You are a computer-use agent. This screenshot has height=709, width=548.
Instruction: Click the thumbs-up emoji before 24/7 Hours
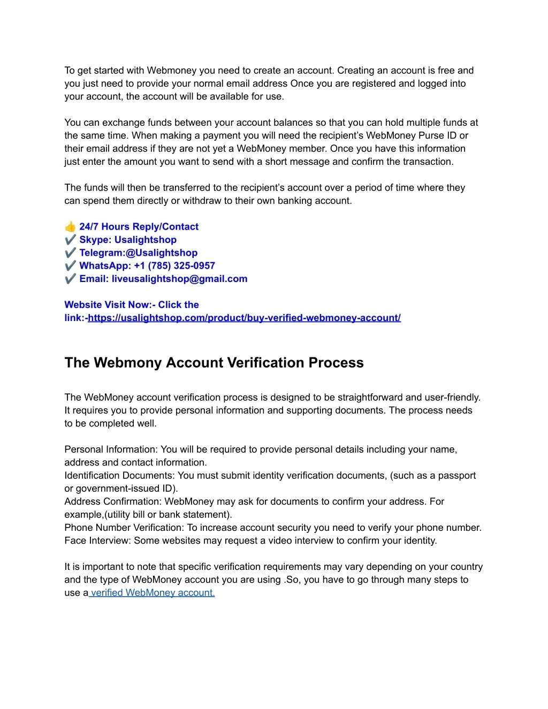(x=70, y=226)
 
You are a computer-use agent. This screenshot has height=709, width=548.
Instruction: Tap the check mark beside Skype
(x=70, y=240)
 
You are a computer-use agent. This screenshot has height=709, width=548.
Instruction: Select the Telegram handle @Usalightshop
(x=161, y=253)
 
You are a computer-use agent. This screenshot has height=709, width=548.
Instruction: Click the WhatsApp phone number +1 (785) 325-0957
(x=174, y=265)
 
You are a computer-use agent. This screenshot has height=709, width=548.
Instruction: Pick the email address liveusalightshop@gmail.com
(x=179, y=279)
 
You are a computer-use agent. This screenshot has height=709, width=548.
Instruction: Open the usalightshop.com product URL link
(x=244, y=318)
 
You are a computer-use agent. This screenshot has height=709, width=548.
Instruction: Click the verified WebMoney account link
(x=153, y=593)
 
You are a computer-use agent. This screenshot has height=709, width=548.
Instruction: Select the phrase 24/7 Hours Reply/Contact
(x=139, y=227)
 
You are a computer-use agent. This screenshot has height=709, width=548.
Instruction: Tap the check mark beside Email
(x=70, y=279)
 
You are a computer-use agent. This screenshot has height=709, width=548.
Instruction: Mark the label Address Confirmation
(x=112, y=501)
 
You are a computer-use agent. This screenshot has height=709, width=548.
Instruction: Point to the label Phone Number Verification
(x=123, y=528)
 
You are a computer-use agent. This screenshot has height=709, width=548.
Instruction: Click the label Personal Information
(x=111, y=449)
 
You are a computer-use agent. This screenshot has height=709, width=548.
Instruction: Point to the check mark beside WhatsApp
(x=70, y=265)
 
